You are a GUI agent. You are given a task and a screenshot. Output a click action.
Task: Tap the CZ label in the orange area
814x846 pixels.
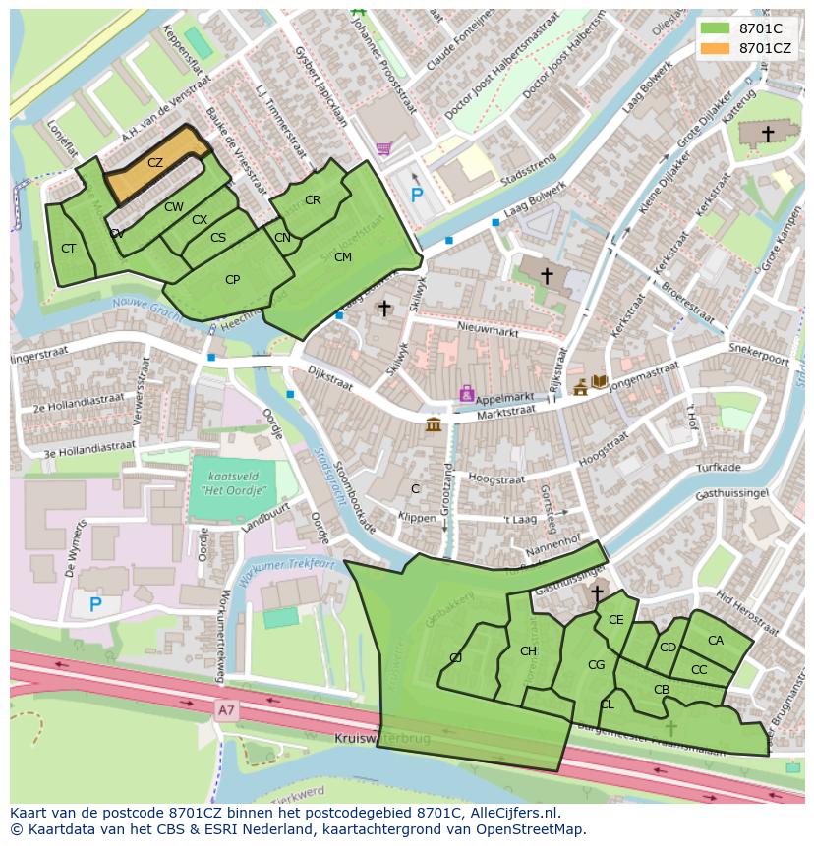(155, 163)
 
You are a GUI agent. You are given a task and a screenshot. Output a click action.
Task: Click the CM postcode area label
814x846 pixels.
(342, 257)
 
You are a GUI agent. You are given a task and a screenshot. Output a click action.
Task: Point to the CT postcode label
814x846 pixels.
(68, 249)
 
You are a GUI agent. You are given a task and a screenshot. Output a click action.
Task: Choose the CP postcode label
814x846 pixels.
(232, 280)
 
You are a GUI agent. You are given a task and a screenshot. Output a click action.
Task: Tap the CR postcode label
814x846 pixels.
(313, 200)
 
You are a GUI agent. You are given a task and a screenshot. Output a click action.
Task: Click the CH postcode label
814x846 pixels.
(528, 651)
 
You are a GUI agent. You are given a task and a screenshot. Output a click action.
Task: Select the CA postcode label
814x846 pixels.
(716, 641)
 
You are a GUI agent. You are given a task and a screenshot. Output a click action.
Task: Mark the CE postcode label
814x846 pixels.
(616, 620)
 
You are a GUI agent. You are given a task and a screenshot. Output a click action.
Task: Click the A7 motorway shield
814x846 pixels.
(227, 707)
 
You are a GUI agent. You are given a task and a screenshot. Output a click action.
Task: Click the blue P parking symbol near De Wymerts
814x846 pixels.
(95, 604)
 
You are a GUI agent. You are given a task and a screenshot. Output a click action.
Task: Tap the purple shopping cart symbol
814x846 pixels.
(383, 149)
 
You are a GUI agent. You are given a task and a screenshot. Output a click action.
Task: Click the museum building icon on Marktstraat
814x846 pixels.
(434, 424)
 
